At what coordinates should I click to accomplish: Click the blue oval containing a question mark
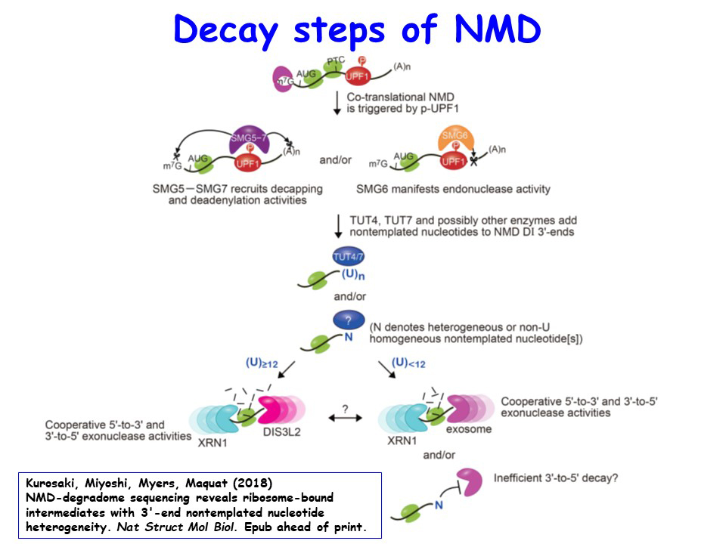tap(348, 320)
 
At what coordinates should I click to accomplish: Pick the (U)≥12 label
tap(262, 363)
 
